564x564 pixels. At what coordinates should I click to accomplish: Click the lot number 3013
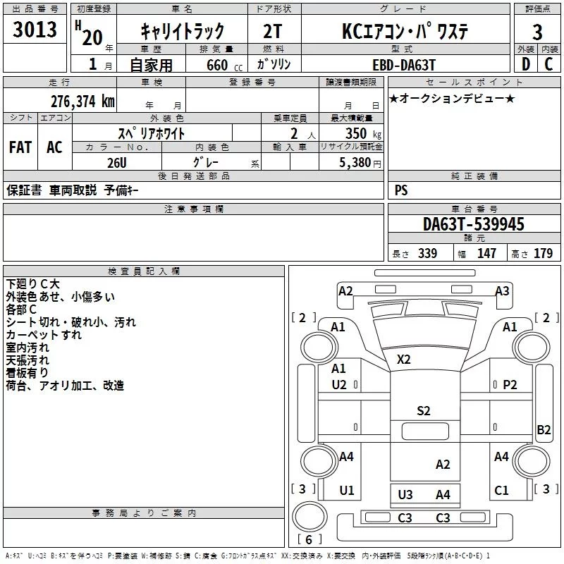pos(35,31)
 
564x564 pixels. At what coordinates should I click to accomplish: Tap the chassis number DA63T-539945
pos(474,224)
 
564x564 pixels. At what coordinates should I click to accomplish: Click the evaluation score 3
pos(537,32)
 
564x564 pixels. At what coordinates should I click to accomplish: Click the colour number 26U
pos(118,161)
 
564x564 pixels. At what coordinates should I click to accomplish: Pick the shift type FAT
pos(20,147)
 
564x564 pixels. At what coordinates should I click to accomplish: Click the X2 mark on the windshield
pos(403,360)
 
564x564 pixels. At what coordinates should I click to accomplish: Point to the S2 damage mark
pos(423,411)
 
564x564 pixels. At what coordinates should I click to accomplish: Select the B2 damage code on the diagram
pos(544,429)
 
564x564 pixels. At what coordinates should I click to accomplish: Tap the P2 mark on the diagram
pos(510,384)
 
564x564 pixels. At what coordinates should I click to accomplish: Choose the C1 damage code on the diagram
pos(501,491)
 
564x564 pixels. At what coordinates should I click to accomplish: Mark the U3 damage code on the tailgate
pos(405,495)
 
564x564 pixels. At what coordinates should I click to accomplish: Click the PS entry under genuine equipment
pos(401,190)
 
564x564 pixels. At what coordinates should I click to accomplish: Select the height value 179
pos(543,254)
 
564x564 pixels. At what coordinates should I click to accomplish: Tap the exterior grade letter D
pos(525,64)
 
